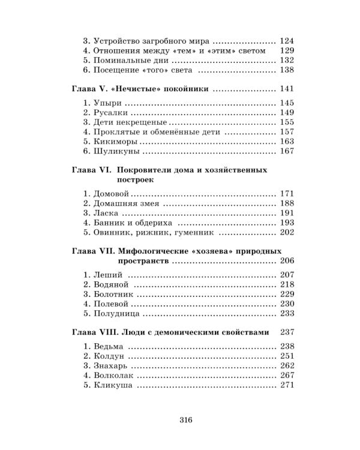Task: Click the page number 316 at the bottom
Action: (184, 420)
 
